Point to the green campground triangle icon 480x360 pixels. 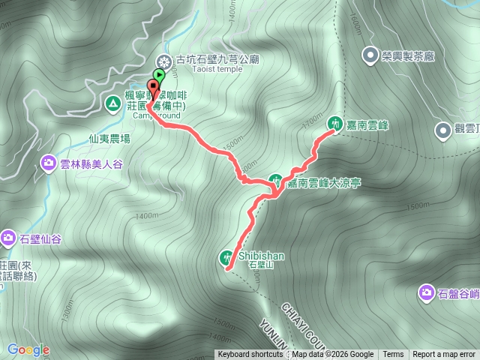[x=112, y=103]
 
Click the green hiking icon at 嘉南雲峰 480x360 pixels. [x=335, y=121]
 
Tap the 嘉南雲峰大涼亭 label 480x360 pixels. [x=325, y=182]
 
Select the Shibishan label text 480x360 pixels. [x=262, y=255]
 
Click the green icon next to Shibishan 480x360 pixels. [x=227, y=257]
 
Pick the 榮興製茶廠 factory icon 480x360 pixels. [x=370, y=54]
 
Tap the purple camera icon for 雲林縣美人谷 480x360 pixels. [x=49, y=162]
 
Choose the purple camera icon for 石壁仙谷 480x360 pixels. [x=8, y=238]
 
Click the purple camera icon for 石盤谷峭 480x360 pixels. [x=426, y=292]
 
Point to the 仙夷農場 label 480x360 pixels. [x=109, y=139]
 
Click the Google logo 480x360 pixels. [x=28, y=350]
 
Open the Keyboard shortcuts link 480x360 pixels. [x=250, y=355]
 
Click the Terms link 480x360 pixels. [x=393, y=355]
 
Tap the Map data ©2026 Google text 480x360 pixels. [x=333, y=355]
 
